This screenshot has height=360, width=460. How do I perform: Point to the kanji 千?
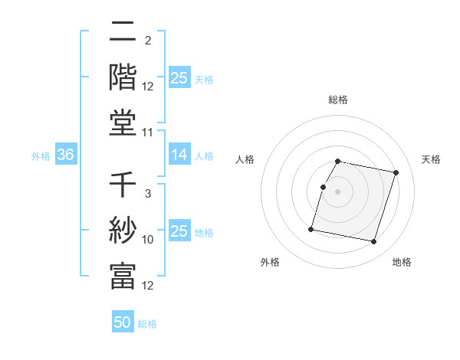(123, 185)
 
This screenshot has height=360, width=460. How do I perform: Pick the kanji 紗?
(123, 231)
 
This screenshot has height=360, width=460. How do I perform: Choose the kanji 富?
(123, 276)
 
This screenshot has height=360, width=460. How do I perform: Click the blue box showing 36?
(65, 155)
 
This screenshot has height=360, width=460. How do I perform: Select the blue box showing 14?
(179, 155)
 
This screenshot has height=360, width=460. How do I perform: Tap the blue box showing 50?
(123, 322)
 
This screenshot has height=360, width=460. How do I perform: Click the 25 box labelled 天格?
(179, 78)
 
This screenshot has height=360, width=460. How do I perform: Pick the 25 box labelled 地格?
(179, 231)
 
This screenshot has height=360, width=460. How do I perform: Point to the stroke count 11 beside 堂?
(148, 133)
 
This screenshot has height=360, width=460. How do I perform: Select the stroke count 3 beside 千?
(147, 195)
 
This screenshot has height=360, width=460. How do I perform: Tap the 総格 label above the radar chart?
(338, 100)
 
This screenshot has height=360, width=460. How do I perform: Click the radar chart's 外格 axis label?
(270, 262)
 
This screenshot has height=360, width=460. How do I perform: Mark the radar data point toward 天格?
(396, 173)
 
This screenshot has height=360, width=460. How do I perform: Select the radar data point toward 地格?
(373, 242)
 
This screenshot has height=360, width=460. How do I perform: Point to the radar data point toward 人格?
(324, 187)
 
